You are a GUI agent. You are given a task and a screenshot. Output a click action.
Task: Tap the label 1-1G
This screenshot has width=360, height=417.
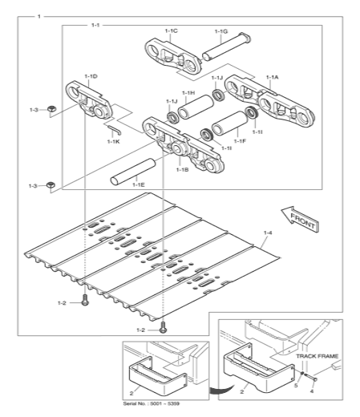pyautogui.click(x=221, y=31)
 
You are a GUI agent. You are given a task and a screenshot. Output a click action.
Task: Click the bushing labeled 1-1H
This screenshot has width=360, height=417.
pyautogui.click(x=196, y=107)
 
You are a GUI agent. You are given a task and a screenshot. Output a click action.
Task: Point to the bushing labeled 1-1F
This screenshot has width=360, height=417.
pyautogui.click(x=230, y=123)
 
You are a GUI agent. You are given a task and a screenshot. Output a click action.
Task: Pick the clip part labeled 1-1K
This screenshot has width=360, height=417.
pyautogui.click(x=115, y=130)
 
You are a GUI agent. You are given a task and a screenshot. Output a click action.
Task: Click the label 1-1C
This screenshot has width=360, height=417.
pyautogui.click(x=171, y=31)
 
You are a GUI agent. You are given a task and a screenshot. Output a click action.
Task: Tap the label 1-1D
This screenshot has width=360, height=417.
pyautogui.click(x=91, y=76)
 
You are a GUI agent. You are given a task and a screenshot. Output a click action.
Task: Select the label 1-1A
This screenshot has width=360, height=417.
pyautogui.click(x=272, y=77)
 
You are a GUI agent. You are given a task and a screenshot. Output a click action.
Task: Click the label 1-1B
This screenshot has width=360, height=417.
pyautogui.click(x=182, y=169)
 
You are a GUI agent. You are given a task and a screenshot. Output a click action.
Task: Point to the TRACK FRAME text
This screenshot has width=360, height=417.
pyautogui.click(x=317, y=356)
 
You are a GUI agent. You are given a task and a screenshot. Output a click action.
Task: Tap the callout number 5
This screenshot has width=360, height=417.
pyautogui.click(x=296, y=386)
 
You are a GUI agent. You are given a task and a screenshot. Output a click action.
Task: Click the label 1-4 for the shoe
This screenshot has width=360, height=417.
pyautogui.click(x=268, y=233)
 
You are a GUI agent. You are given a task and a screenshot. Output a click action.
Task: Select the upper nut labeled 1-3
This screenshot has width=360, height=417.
pyautogui.click(x=51, y=109)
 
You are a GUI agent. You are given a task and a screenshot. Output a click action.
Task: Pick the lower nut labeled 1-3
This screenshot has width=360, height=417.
pyautogui.click(x=51, y=184)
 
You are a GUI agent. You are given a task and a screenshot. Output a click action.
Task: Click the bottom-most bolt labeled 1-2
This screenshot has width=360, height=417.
pyautogui.click(x=163, y=327)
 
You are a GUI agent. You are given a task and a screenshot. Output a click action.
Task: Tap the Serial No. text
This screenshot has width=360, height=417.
pyautogui.click(x=151, y=403)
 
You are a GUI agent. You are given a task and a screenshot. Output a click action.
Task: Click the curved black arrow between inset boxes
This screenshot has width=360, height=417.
pyautogui.click(x=220, y=389)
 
